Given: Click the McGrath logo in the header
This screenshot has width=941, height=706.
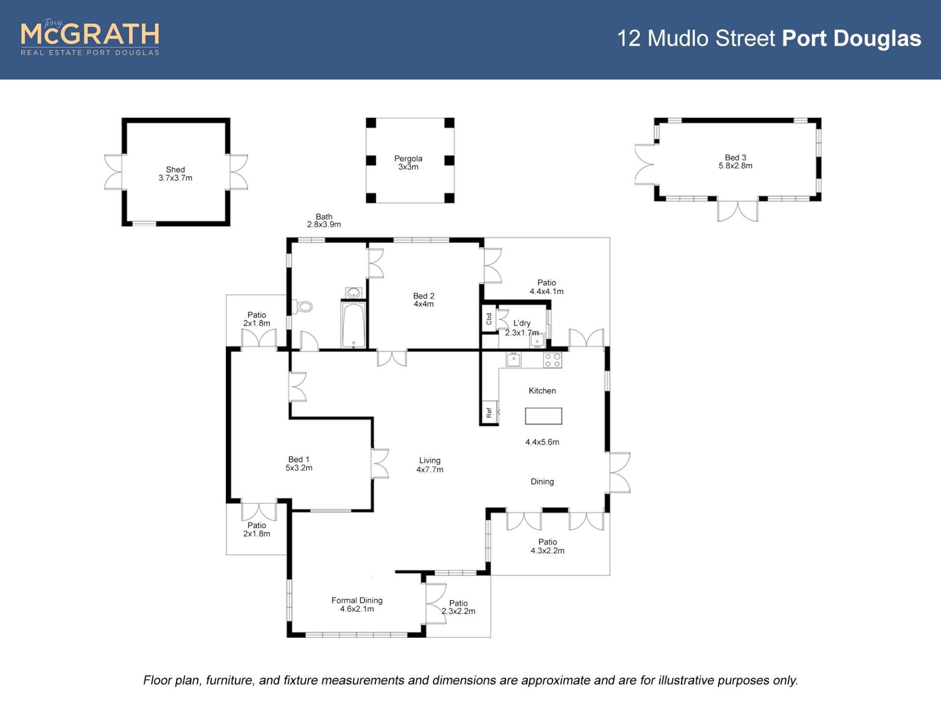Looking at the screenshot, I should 90,38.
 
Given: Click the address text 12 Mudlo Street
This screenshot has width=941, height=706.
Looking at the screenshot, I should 696,39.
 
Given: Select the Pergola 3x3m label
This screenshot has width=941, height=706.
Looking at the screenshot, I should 408,163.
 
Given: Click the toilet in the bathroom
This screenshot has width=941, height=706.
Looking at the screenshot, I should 304,307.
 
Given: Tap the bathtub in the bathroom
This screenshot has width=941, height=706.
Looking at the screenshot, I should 353,325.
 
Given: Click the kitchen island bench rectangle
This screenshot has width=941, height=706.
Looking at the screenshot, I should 543,416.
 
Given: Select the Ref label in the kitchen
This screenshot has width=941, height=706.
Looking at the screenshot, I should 489,413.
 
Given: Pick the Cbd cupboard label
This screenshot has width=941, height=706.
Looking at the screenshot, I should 489,319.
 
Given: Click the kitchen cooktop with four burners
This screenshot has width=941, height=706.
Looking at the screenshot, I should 552,360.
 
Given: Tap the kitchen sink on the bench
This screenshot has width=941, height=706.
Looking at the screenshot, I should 513,360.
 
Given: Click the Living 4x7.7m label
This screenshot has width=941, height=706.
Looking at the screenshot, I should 430,465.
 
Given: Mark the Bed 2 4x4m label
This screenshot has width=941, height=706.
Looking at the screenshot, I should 423,300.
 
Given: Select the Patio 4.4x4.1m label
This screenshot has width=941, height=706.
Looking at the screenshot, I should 546,287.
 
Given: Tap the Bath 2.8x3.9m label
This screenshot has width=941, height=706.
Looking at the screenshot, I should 324,221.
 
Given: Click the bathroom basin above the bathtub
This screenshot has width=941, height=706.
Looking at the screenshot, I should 353,293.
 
